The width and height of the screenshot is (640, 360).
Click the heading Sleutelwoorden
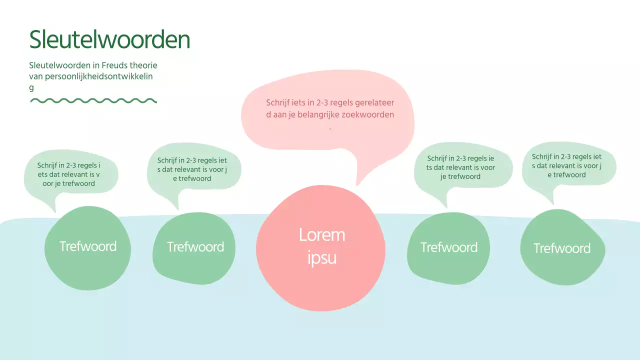coord(109,39)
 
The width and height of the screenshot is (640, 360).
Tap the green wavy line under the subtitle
coord(93,100)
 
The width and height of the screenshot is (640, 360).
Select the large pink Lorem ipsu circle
coord(320,280)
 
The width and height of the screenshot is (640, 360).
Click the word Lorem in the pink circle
coord(321,235)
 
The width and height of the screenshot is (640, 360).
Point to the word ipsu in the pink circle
coord(321,258)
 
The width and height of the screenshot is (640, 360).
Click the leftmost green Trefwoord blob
coord(88,265)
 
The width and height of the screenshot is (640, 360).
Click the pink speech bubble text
coord(330,108)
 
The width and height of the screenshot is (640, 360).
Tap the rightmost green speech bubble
coord(567,165)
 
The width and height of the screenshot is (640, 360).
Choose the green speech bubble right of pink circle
coord(461,167)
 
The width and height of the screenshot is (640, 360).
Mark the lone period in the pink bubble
coord(330,128)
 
